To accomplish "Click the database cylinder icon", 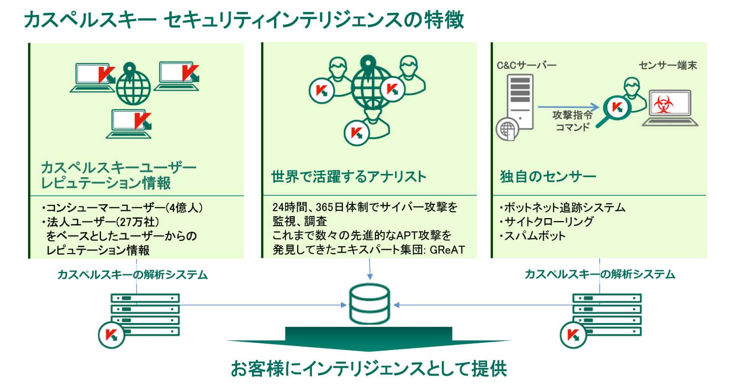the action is tap(369, 304).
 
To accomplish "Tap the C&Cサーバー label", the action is tap(526, 65).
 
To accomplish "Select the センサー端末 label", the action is tap(668, 65).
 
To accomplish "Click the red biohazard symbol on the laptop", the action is tap(663, 104).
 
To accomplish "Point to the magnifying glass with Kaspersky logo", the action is tap(615, 109).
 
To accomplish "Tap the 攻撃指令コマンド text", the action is tap(573, 121).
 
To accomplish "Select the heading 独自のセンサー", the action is tap(548, 176).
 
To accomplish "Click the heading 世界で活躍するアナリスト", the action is tap(348, 176).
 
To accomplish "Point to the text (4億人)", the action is tap(184, 208).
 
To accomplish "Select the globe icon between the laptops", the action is tap(133, 84).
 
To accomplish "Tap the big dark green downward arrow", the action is tap(369, 339).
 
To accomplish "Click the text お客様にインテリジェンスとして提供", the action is tap(369, 368).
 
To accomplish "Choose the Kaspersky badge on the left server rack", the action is tap(111, 335).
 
